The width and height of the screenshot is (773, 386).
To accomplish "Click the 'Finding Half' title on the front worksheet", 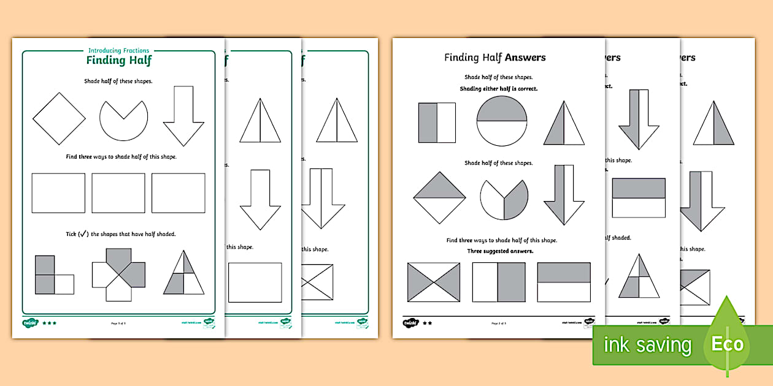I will [x=118, y=60].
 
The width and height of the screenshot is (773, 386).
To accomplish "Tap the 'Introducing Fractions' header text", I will [x=118, y=50].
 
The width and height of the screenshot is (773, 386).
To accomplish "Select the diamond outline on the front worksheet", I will [x=59, y=119].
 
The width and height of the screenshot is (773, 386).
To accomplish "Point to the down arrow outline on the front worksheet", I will [x=183, y=116].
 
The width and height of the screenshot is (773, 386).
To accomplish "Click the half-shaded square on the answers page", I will [x=437, y=123].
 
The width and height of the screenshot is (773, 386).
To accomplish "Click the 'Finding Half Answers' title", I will [x=494, y=58].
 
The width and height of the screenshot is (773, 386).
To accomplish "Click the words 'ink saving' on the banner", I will [x=647, y=345].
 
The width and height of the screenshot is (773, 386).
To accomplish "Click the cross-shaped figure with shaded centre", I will [x=118, y=274].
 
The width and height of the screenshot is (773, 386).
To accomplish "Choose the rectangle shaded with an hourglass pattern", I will [x=434, y=282].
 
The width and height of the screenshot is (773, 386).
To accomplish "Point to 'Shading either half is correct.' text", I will [x=498, y=89].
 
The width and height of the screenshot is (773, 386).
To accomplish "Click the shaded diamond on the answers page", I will [x=439, y=197].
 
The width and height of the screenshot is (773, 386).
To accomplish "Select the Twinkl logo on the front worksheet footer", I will [x=31, y=322].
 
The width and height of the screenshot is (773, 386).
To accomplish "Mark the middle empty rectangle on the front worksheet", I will [x=118, y=193].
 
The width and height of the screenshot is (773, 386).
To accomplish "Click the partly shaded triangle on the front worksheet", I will [x=183, y=273].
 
